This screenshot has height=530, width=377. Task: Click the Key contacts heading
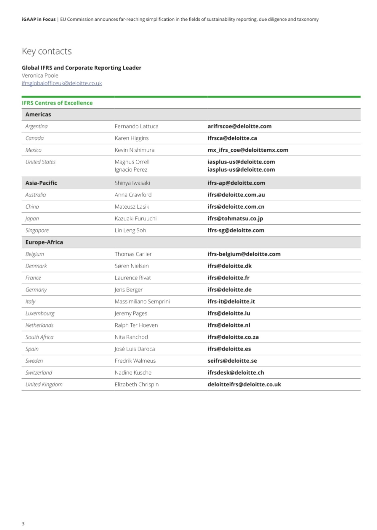47,51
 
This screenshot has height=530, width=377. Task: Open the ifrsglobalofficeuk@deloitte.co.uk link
62,83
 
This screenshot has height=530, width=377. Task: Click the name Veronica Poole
40,75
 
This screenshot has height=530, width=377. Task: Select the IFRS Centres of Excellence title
57,103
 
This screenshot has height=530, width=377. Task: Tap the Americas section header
38,115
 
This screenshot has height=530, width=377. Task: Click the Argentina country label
36,126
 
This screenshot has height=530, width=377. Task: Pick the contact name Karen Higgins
132,138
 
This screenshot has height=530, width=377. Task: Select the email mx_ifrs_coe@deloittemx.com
248,150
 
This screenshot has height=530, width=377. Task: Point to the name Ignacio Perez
131,170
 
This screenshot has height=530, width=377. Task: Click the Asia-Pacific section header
41,183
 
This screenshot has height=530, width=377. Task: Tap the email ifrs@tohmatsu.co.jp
235,219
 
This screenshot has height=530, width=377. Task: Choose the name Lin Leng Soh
130,231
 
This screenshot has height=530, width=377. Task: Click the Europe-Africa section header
44,242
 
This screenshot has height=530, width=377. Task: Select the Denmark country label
36,266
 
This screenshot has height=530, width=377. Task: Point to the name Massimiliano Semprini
142,302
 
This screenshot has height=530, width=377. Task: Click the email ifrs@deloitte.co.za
233,337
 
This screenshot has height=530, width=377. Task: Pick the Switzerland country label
39,373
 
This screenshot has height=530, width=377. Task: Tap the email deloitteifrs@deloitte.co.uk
244,385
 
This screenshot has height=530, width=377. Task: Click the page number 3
23,523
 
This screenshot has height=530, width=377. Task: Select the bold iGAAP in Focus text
39,19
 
